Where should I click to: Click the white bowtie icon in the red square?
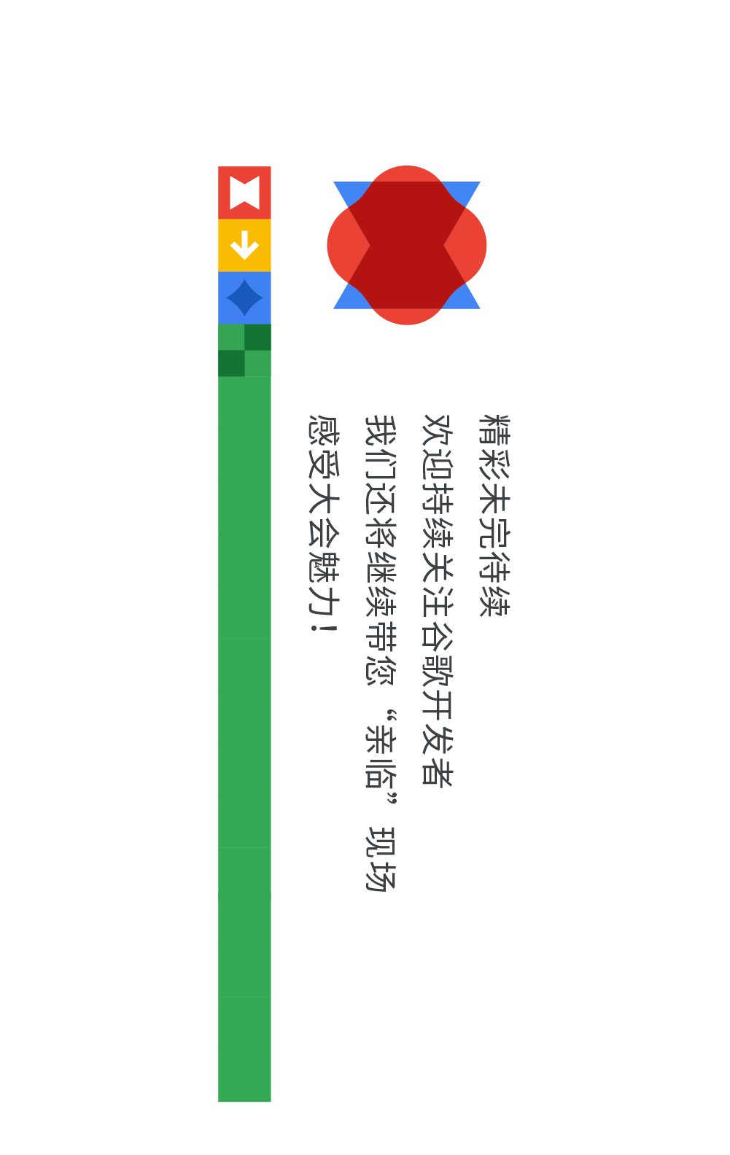point(244,192)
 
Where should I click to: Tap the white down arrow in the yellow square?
point(244,245)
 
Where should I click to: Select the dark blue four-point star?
point(244,297)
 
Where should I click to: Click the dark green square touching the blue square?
point(257,337)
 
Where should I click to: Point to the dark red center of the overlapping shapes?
point(407,245)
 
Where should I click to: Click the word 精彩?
point(494,447)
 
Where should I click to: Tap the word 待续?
point(494,584)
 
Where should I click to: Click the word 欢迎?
point(438,447)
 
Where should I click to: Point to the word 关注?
point(438,584)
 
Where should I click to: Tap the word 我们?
point(381,447)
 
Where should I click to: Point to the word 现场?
point(381,858)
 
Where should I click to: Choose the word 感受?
point(323,447)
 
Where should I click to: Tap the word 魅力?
point(323,584)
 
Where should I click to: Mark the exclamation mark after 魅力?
point(323,626)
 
